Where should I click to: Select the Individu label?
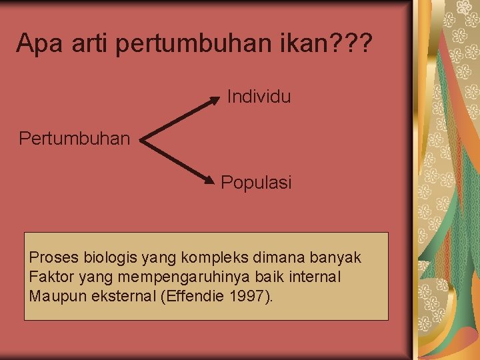point(259,97)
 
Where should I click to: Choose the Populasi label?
point(256,182)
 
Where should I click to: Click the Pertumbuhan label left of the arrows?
point(75,139)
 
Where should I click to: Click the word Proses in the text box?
point(52,257)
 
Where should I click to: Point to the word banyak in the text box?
point(338,257)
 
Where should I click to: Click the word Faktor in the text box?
point(49,277)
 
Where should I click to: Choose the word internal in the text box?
point(313,277)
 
